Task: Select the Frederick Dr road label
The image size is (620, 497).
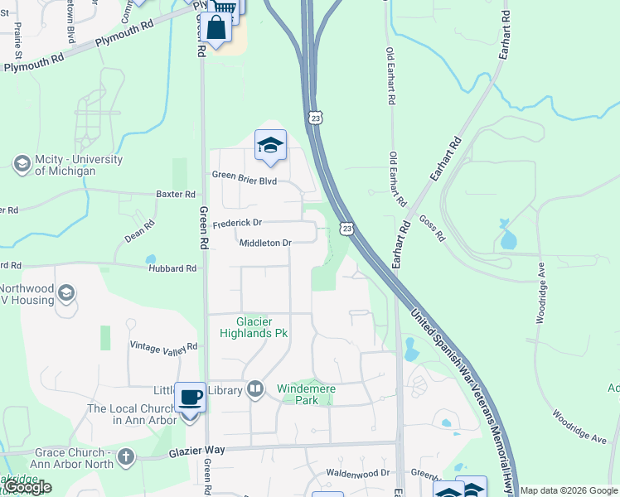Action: [x=237, y=224]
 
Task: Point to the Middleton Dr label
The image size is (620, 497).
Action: [x=265, y=243]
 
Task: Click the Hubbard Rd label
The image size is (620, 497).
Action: [x=172, y=268]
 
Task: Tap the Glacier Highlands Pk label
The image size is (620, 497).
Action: [x=254, y=327]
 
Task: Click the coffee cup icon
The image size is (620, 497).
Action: [x=190, y=398]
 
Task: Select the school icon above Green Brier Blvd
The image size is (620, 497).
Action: [x=270, y=146]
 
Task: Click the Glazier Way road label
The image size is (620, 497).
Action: [x=199, y=450]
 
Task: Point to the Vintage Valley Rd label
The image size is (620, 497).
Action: [x=164, y=346]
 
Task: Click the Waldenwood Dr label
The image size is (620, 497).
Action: [x=357, y=472]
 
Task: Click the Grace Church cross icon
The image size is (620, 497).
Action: [x=125, y=456]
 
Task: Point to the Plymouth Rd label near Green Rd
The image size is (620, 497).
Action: [x=124, y=37]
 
